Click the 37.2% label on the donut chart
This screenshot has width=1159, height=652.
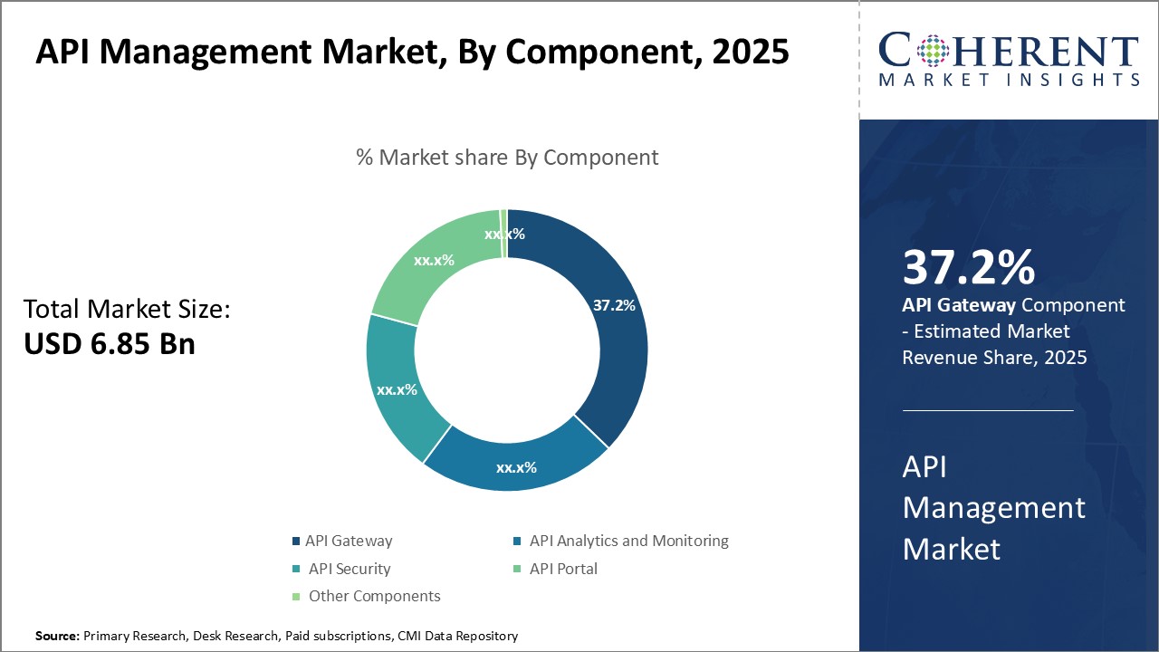[x=613, y=305]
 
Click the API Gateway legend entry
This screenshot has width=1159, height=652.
[x=349, y=542]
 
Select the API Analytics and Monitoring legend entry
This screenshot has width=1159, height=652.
[x=628, y=542]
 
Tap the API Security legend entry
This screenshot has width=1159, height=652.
[x=349, y=569]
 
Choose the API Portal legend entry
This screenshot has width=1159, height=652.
[x=563, y=569]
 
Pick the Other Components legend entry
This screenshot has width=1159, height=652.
[x=374, y=596]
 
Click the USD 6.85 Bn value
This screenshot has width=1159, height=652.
[x=110, y=344]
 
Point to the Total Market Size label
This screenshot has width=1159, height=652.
[x=128, y=310]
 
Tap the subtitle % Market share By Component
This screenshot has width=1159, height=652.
[x=507, y=157]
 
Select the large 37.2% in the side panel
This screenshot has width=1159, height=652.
[x=969, y=268]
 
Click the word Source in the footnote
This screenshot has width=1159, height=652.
[x=57, y=637]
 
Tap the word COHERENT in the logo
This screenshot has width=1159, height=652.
[x=1008, y=51]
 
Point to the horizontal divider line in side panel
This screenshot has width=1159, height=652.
[x=987, y=410]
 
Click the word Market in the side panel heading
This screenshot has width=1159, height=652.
[x=952, y=549]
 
